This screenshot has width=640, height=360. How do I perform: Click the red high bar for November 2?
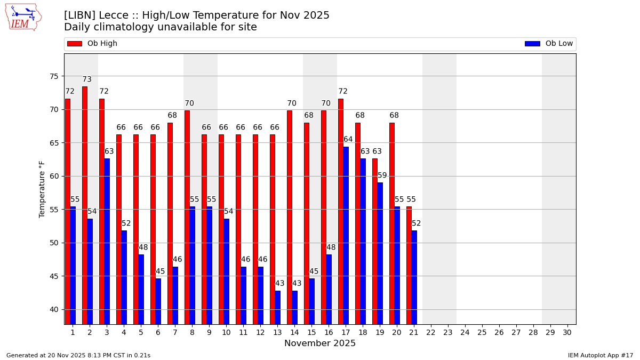coord(85,205)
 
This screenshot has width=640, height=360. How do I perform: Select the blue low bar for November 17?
coord(346,235)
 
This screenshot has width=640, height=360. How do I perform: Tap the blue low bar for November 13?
coord(277,307)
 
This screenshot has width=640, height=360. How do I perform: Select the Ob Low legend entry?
coord(549,44)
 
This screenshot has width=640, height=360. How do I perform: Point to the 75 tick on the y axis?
coord(54,76)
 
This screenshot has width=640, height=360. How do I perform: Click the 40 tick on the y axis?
coord(54,309)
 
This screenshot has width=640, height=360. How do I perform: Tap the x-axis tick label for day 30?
coord(567,332)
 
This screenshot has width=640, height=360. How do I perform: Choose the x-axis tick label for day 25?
coord(482,332)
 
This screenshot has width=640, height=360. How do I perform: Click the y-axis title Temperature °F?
coord(42,189)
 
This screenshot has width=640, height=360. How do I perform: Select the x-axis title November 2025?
coord(320,343)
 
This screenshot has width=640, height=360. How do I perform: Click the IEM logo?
coord(23,17)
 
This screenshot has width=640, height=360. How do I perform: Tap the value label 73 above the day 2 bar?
coord(87,79)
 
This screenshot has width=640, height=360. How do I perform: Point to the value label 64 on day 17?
coord(348,140)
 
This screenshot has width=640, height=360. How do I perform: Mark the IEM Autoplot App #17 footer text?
coord(600,355)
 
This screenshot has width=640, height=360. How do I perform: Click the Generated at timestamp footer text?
coord(78,355)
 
